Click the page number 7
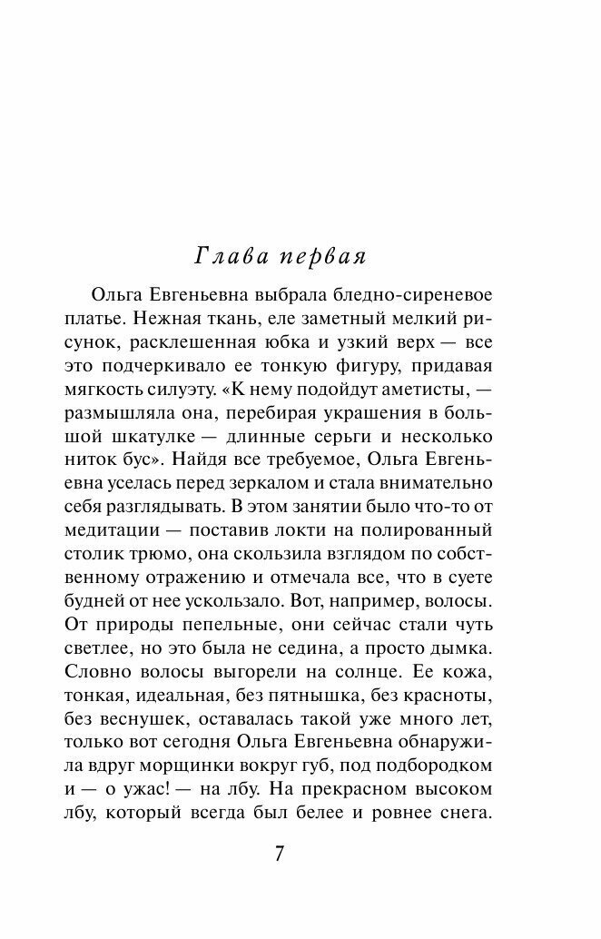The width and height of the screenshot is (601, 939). [x=280, y=854]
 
